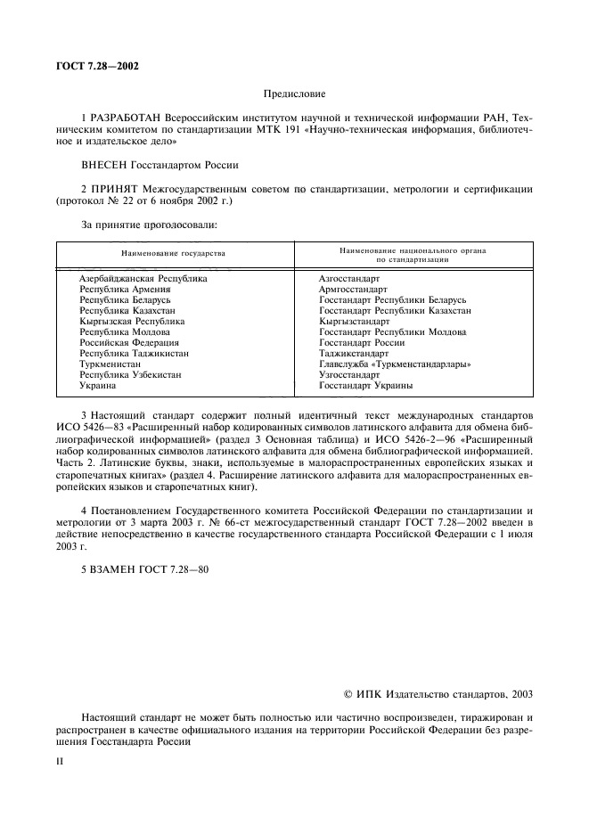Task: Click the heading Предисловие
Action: tap(294, 93)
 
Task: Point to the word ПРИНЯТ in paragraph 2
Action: tap(121, 189)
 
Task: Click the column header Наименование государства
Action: tap(174, 254)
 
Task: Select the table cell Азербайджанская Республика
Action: tap(143, 279)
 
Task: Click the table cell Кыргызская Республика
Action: tap(132, 322)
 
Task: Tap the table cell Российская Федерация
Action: tap(129, 343)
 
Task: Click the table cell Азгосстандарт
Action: tap(348, 279)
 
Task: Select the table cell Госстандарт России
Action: tap(362, 343)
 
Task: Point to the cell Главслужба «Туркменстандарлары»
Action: tap(395, 364)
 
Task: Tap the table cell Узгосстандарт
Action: tap(348, 375)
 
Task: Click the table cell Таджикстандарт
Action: tap(354, 354)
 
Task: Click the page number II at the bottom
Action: tap(60, 764)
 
